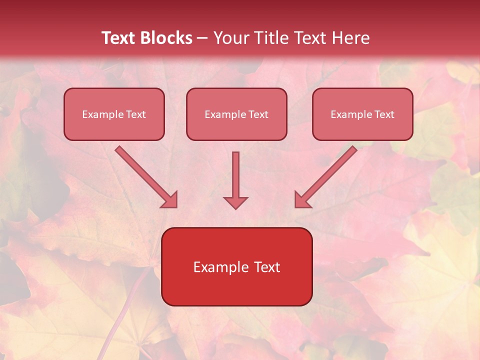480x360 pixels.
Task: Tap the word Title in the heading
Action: click(270, 38)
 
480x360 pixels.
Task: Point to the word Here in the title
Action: click(351, 38)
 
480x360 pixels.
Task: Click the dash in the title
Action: click(202, 38)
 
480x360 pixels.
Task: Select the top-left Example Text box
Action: click(114, 114)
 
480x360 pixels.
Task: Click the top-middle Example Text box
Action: click(236, 114)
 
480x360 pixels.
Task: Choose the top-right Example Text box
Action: click(362, 114)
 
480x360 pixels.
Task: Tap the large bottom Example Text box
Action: click(236, 266)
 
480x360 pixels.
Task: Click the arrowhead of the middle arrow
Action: click(235, 202)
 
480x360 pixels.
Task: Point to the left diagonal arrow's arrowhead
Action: click(170, 200)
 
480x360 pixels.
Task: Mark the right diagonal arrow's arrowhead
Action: click(302, 200)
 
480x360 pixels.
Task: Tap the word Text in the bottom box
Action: click(268, 267)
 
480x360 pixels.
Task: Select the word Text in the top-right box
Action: click(384, 114)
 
